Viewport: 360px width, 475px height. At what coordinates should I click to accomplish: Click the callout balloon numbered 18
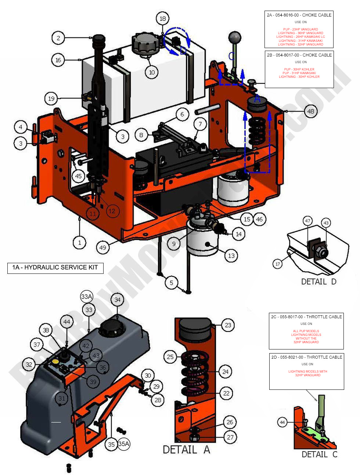pos(163,18)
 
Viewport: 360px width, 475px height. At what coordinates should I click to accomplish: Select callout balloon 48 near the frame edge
pos(311,111)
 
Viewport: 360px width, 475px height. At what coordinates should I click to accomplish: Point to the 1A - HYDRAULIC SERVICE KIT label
pos(55,268)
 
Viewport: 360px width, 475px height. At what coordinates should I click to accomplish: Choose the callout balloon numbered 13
pos(231,255)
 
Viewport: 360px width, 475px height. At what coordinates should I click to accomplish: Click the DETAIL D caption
pos(318,282)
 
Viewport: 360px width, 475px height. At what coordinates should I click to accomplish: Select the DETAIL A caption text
pos(186,450)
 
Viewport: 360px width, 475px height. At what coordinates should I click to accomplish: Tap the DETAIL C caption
pos(319,454)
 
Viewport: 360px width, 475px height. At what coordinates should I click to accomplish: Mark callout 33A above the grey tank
pos(87,297)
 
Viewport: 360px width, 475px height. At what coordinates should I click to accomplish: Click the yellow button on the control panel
pos(55,362)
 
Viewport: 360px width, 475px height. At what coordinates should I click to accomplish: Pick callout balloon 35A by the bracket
pos(124,444)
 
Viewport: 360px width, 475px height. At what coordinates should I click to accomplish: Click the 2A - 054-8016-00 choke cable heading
pos(299,15)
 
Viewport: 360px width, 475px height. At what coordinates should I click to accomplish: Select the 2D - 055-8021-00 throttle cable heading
pos(306,357)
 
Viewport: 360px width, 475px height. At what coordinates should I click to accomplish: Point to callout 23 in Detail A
pos(228,325)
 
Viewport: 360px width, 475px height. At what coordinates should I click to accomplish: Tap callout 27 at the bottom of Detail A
pos(230,437)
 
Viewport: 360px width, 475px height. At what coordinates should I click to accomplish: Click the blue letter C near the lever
pos(231,56)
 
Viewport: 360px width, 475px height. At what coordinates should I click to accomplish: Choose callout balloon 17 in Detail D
pos(278,264)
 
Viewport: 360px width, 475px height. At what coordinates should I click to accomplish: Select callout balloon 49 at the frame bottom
pos(103,247)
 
